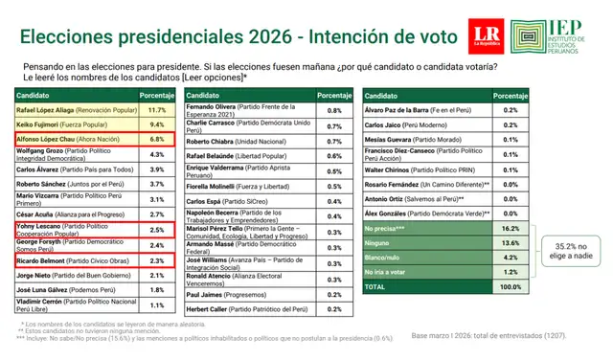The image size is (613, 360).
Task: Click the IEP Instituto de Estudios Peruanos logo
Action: [554, 35]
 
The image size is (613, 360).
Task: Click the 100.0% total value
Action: [510, 285]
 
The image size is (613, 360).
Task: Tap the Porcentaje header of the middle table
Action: [334, 97]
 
